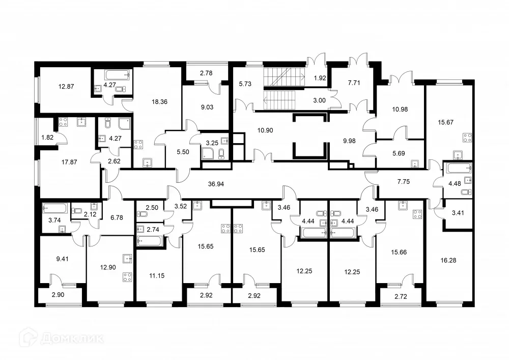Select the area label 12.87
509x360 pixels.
click(x=66, y=87)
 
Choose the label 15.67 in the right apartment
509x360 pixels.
click(x=448, y=122)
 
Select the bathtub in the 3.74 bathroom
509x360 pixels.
click(x=54, y=209)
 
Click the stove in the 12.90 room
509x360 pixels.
click(x=127, y=278)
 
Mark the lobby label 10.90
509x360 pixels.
click(x=265, y=130)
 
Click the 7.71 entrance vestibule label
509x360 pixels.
click(x=353, y=82)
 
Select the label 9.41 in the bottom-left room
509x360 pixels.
click(x=63, y=258)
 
